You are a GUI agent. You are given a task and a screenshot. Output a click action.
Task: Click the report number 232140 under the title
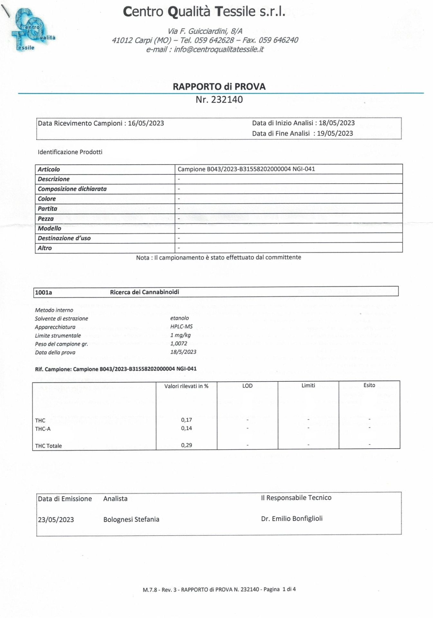pos(227,99)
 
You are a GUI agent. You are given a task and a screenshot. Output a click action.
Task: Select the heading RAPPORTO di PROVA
pos(219,87)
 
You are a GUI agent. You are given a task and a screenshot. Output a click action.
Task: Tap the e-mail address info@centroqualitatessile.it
pos(219,50)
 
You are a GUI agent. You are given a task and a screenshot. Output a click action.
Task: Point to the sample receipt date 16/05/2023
pos(146,123)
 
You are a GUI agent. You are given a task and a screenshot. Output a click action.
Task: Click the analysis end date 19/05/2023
pos(335,133)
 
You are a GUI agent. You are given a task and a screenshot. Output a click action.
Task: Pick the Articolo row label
pos(49,169)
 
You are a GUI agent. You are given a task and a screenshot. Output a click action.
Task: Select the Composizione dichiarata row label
pos(72,189)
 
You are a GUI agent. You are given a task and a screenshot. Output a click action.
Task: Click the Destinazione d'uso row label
pos(64,238)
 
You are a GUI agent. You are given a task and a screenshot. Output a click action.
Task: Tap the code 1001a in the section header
pos(43,292)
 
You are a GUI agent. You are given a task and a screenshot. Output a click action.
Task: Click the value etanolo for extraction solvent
pos(180,318)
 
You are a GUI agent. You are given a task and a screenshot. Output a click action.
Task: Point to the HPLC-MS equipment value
pos(181,326)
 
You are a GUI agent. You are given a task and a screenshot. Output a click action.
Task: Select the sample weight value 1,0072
pos(179,343)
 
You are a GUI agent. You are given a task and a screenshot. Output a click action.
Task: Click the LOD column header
pos(247,386)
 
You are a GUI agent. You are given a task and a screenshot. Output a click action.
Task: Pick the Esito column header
pos(369,385)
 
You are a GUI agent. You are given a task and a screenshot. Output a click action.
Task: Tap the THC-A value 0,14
pos(186,428)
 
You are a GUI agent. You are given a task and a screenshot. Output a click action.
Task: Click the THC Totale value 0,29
pos(186,445)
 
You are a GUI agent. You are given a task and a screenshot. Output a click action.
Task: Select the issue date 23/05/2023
pos(56,520)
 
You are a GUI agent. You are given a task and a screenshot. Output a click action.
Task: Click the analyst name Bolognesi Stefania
pos(131,519)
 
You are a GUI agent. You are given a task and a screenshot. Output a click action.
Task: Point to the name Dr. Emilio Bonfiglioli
pos(291,519)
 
